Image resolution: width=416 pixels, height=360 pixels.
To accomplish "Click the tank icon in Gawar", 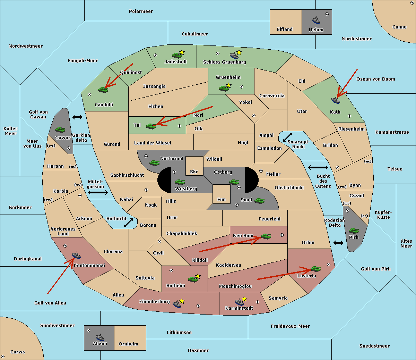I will [x=60, y=129].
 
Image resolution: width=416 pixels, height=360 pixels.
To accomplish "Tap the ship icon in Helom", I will [x=316, y=20].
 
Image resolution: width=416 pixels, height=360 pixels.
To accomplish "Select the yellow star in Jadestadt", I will [x=182, y=52].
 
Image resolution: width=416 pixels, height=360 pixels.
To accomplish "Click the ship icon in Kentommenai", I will [x=76, y=256].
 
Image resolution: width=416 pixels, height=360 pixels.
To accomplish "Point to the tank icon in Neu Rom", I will [x=266, y=236].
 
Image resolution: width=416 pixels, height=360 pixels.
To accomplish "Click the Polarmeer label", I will [x=141, y=11].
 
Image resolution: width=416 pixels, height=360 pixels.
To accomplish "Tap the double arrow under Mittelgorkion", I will [x=98, y=192].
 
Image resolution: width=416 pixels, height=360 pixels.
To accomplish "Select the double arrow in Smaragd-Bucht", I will [x=288, y=137].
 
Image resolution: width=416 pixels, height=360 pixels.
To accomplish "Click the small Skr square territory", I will [x=194, y=166].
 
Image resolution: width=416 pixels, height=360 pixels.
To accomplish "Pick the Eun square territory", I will [x=221, y=194].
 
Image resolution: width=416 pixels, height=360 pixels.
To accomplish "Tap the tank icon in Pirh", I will [x=354, y=231].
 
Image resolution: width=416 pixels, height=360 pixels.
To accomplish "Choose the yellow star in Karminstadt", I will [x=244, y=299].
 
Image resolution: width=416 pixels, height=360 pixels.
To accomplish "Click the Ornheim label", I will [x=128, y=344].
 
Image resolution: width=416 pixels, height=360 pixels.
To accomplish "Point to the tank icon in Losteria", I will [x=315, y=269].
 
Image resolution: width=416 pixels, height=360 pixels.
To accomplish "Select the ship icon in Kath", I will [x=336, y=100].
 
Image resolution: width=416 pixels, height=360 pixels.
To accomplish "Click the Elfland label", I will [x=285, y=30].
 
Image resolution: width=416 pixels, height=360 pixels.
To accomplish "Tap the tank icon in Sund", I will [x=260, y=201].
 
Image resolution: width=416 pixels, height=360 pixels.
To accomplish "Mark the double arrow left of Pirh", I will [x=338, y=243].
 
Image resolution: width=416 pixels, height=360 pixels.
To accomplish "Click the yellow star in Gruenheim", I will [x=228, y=85].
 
